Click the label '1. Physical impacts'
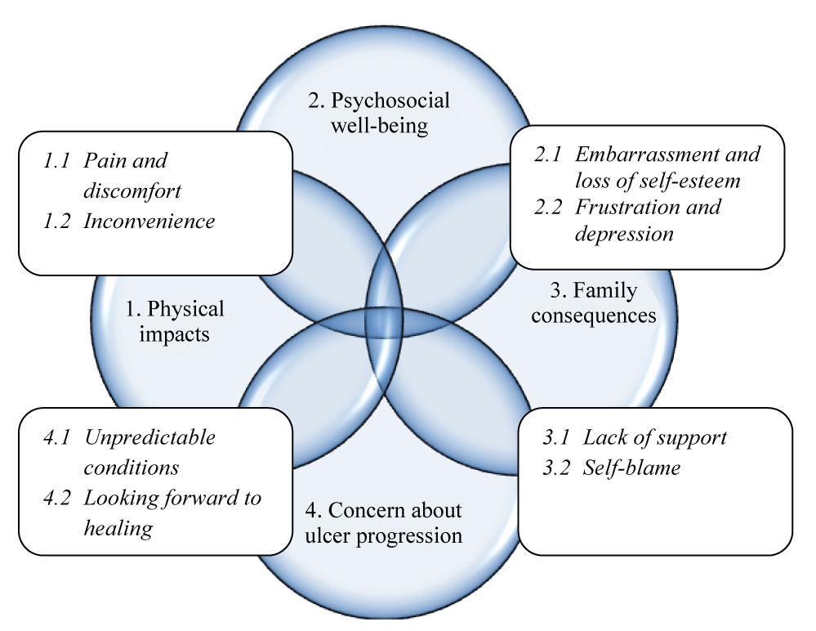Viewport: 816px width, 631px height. pos(174,322)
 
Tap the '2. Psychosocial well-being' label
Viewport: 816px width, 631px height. pos(379,113)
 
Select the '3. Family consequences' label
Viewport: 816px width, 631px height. pos(594,302)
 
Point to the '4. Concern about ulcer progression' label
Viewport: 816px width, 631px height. pos(384,523)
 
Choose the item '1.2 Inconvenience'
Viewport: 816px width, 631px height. pos(129,221)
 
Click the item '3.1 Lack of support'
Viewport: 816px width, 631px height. pos(635,437)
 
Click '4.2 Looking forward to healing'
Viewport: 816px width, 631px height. pos(152,512)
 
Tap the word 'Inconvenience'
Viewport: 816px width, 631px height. pos(149,221)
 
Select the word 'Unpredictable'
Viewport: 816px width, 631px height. pos(150,437)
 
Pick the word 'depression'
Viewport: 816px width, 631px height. pos(624,234)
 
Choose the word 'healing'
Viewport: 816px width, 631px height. pos(118,528)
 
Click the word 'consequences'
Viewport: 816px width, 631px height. pos(594,315)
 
